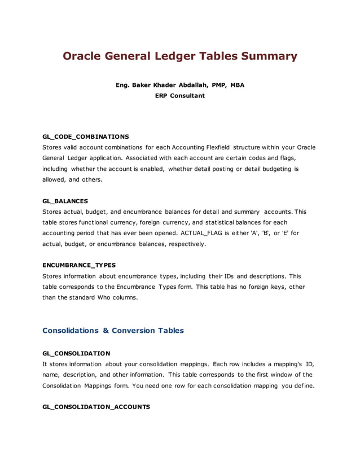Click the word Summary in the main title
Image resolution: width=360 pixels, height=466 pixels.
click(x=269, y=56)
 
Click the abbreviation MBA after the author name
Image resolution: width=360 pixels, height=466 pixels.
click(x=237, y=85)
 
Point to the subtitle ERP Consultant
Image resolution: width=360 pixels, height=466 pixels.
click(x=180, y=96)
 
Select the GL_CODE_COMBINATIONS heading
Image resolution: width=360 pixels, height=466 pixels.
click(x=86, y=137)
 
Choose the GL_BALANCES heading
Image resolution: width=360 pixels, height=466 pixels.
click(x=65, y=201)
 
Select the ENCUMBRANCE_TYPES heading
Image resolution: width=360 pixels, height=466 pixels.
click(x=78, y=265)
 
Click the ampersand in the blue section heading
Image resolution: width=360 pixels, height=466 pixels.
click(x=106, y=331)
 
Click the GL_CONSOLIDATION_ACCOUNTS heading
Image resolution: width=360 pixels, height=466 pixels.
click(x=96, y=407)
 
